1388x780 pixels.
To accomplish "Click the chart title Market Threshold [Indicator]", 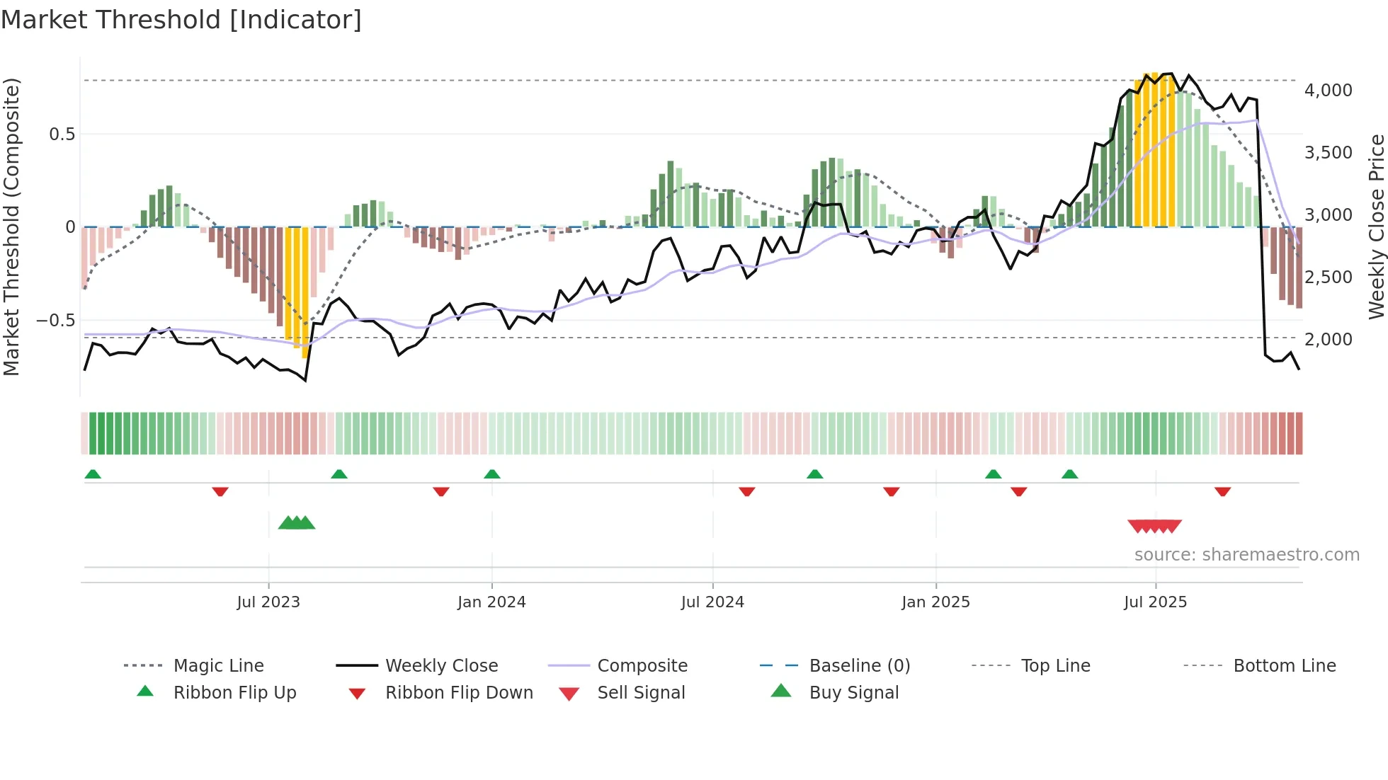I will coord(181,20).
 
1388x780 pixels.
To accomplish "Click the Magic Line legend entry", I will coord(218,665).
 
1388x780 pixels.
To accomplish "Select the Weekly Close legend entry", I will coord(441,665).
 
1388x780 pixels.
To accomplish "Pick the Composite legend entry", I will coord(642,665).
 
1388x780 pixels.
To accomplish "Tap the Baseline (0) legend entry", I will coord(859,665).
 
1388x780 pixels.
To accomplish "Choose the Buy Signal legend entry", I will coord(853,692).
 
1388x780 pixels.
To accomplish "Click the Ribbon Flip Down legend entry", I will coord(458,692).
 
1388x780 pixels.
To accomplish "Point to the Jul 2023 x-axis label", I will coord(268,602).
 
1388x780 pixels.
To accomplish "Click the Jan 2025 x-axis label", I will coord(935,602).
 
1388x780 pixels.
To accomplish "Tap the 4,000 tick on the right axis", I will coord(1328,90).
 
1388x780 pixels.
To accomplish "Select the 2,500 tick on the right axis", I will coord(1328,277).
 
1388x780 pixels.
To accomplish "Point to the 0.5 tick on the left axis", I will coord(62,134).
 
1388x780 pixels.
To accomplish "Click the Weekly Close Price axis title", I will coord(1376,226).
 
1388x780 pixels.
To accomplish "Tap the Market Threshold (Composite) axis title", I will coord(11,226).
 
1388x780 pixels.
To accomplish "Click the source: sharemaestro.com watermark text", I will coord(1246,554).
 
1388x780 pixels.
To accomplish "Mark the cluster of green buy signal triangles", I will coord(297,523).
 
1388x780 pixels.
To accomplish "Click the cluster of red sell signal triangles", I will coord(1154,526).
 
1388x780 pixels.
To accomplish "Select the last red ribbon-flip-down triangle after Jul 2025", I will coord(1222,491).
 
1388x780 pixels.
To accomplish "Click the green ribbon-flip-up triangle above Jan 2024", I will coord(492,474).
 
